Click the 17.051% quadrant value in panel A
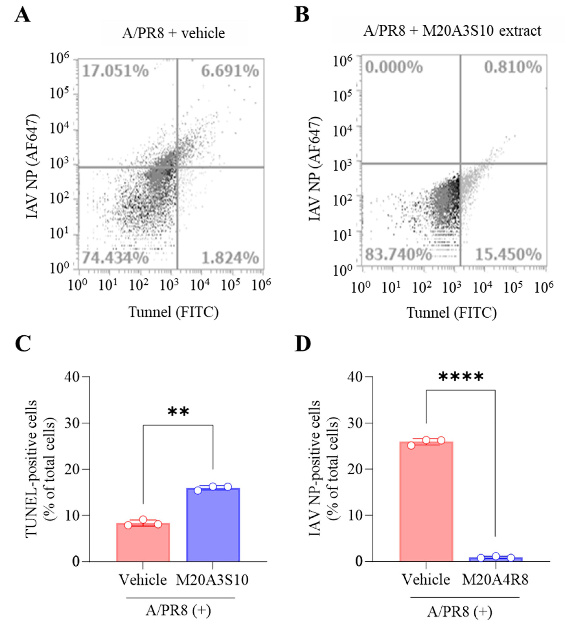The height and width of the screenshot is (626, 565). (x=115, y=71)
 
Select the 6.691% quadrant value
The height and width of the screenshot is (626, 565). (x=230, y=71)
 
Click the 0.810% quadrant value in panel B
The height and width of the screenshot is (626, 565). (x=513, y=67)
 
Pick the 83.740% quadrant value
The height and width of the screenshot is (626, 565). (x=398, y=255)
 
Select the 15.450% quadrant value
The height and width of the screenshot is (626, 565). (x=508, y=255)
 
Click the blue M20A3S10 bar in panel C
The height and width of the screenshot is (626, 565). (x=213, y=525)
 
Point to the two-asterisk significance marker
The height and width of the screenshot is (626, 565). (x=178, y=412)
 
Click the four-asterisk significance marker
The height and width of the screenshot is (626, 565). (x=461, y=377)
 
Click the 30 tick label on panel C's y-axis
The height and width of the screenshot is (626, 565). (x=72, y=423)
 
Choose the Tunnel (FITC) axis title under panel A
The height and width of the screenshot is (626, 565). (x=174, y=312)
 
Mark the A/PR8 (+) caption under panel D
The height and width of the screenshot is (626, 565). (x=459, y=611)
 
